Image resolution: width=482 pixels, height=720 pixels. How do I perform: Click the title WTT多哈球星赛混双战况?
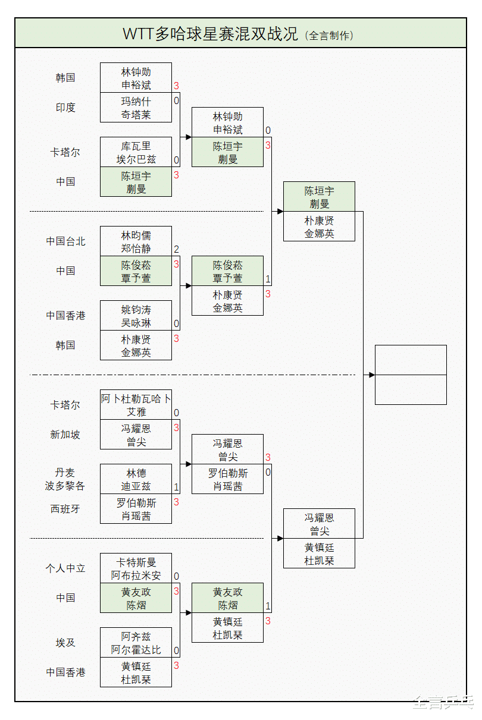click(x=211, y=34)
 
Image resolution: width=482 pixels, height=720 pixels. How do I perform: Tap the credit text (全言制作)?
click(x=329, y=35)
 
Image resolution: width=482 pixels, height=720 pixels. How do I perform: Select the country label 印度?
click(x=65, y=108)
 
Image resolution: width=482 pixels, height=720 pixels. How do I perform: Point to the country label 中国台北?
click(x=65, y=241)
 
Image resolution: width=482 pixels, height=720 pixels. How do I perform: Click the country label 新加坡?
click(x=65, y=435)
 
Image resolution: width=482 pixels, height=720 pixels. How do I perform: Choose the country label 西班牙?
click(x=65, y=509)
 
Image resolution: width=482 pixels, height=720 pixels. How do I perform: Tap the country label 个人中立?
click(x=65, y=568)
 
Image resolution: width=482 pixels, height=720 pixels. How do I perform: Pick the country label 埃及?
click(x=65, y=643)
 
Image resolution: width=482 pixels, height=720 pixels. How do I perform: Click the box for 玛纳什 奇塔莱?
click(x=136, y=108)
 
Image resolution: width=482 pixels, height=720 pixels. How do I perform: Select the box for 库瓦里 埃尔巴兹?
click(x=136, y=152)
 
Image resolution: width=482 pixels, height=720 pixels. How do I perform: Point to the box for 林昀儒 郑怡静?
click(x=136, y=241)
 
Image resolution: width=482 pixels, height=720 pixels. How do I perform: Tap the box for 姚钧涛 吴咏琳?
click(x=136, y=316)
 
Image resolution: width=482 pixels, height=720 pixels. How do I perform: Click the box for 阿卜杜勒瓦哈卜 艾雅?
click(x=136, y=405)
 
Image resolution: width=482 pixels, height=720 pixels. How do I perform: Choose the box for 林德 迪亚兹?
click(x=136, y=479)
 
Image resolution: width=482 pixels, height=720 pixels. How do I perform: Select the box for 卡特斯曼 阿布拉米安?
click(x=136, y=568)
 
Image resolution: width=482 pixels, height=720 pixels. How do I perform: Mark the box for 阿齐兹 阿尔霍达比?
click(x=136, y=643)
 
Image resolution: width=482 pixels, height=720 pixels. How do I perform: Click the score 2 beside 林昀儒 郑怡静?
click(x=176, y=249)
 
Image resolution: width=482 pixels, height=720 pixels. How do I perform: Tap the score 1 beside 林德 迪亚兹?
click(x=176, y=487)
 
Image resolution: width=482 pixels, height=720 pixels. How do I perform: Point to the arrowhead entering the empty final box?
click(x=372, y=375)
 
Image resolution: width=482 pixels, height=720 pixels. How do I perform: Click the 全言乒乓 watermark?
click(x=443, y=703)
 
